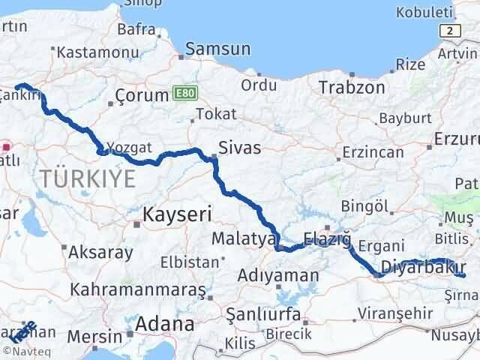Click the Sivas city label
coord(239,148)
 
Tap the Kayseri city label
coord(172,215)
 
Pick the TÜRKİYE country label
coord(89,178)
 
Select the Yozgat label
coord(124,148)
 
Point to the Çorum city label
coord(141,96)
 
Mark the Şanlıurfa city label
coord(259,313)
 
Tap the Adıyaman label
coord(277,276)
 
